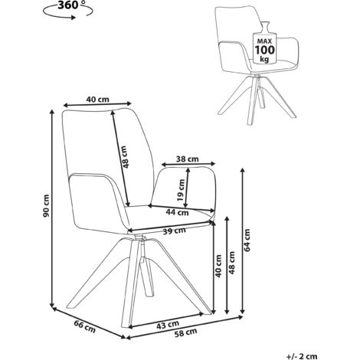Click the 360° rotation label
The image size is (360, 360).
(x=68, y=5)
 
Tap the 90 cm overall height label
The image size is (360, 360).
(x=46, y=206)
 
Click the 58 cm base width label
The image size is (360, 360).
(x=186, y=332)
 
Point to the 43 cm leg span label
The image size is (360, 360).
(x=168, y=325)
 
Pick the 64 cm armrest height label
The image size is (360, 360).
(x=247, y=240)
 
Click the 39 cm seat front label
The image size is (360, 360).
(x=175, y=231)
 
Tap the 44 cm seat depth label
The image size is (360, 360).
(x=177, y=212)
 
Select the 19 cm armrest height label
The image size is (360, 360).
(x=181, y=190)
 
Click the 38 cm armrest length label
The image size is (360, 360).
(x=188, y=159)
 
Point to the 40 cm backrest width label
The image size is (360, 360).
(x=98, y=99)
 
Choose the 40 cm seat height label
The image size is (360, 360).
(x=218, y=266)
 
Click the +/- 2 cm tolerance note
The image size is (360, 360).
(x=302, y=356)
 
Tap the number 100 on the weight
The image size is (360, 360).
(x=264, y=49)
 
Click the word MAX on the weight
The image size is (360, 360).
(x=264, y=41)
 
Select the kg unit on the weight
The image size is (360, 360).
(x=264, y=59)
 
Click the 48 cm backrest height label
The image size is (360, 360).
(x=125, y=157)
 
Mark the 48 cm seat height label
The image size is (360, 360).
(x=231, y=263)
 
